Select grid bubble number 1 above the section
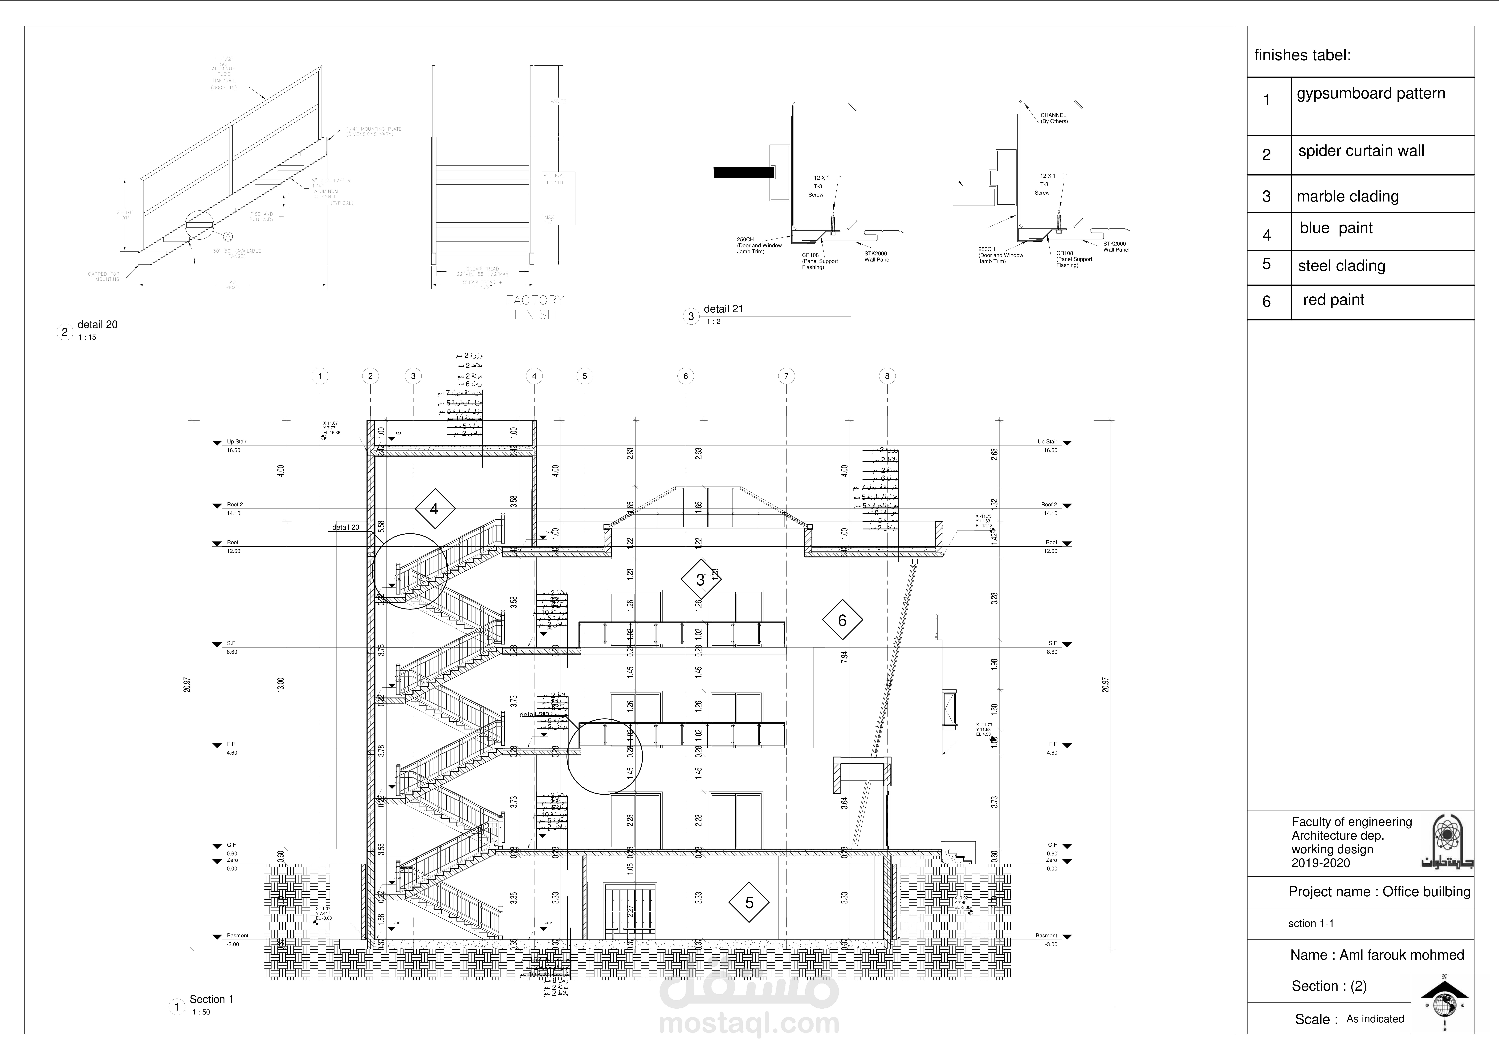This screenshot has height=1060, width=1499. coord(320,376)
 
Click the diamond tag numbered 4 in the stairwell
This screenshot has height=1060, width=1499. coord(434,509)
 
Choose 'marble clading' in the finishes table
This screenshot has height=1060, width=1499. coord(1348,197)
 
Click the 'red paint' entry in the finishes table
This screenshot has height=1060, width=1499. coord(1333,300)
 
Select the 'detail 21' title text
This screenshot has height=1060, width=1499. coord(723,309)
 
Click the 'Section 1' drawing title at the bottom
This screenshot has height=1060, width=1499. coord(211,999)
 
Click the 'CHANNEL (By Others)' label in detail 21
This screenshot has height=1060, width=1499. coord(1054,118)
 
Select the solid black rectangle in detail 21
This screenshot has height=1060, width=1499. coord(744,172)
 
